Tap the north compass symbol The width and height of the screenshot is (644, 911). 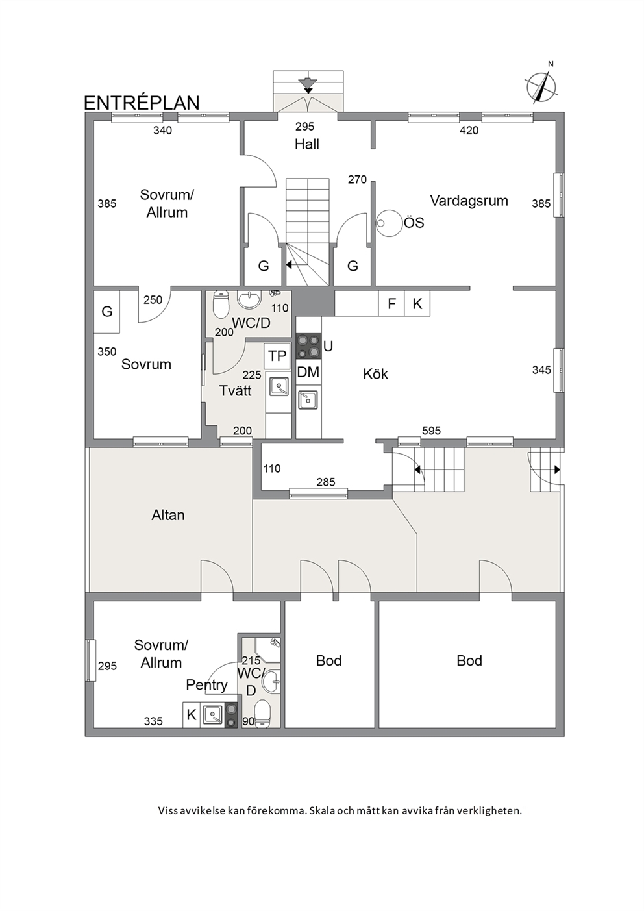pos(541,86)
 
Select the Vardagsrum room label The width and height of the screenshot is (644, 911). pos(469,201)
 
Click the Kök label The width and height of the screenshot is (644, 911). pos(376,374)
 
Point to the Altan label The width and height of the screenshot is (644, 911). pos(168,515)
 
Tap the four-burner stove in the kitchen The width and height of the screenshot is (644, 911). pos(308,346)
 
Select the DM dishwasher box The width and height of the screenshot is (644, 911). pos(308,371)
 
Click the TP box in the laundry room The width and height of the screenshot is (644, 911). pos(277,356)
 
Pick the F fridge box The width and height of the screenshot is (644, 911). pos(391,303)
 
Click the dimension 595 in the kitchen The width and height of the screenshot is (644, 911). pos(431,431)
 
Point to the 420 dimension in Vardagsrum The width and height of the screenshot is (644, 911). pos(469,131)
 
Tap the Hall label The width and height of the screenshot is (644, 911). pos(307,144)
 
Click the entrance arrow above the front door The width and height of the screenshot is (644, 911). pos(308,84)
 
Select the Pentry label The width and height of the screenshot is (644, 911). pos(206,686)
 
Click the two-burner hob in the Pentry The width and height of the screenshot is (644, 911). pos(231,716)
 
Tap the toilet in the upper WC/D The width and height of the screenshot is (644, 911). pos(221,305)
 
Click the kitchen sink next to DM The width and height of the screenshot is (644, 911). pos(308,400)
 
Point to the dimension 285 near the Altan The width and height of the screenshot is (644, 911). pos(326,482)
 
